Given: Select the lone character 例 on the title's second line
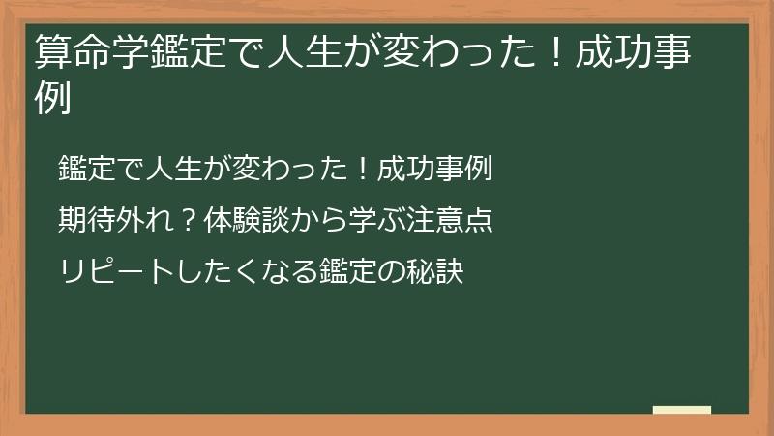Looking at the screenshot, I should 53,99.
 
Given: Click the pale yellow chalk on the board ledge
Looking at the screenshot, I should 681,411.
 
